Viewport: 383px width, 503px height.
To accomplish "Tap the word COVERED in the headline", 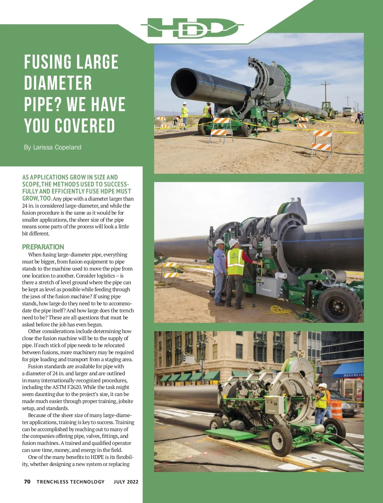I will pyautogui.click(x=85, y=126).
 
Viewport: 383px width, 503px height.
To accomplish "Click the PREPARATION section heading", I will pyautogui.click(x=43, y=247).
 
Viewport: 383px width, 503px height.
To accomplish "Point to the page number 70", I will pyautogui.click(x=27, y=482).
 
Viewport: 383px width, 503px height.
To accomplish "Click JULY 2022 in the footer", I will pyautogui.click(x=126, y=482).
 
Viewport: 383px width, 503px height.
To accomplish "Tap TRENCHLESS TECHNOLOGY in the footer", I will pyautogui.click(x=71, y=482).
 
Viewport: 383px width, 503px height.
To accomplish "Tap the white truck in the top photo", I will pyautogui.click(x=348, y=111).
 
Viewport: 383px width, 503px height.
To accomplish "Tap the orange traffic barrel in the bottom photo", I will pyautogui.click(x=336, y=410).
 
